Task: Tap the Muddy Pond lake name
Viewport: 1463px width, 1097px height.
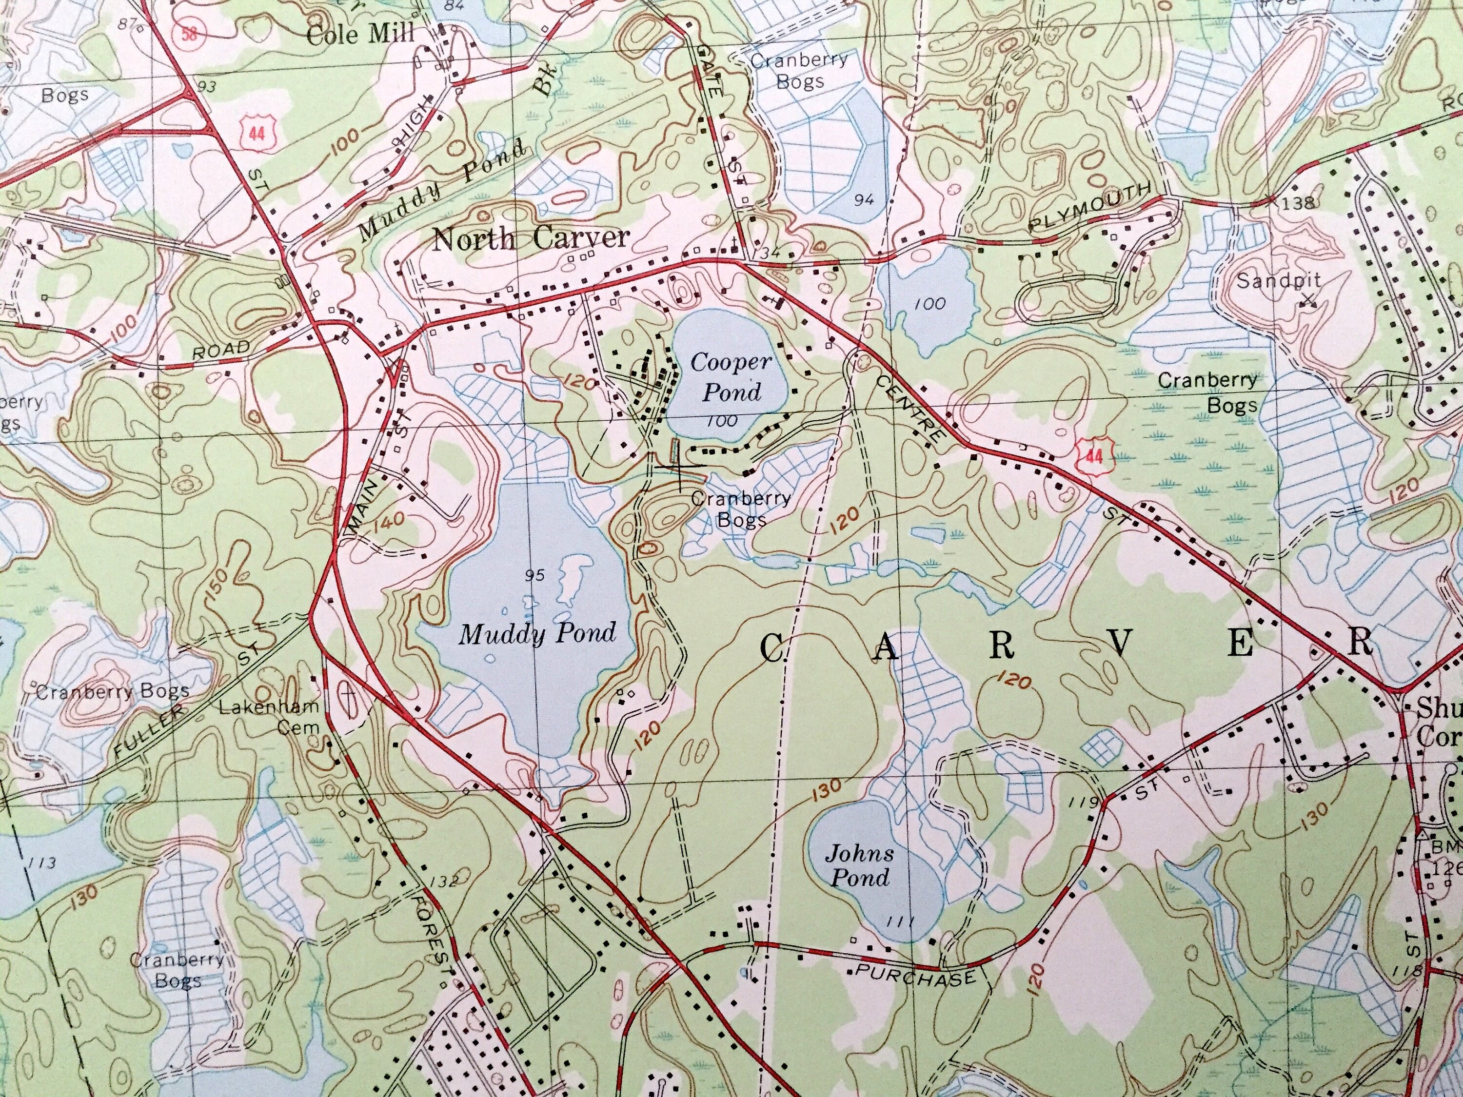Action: point(537,633)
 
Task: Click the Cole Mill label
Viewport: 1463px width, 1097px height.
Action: point(360,33)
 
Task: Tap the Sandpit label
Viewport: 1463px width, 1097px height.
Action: point(1278,280)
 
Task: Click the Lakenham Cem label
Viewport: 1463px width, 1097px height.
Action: point(270,716)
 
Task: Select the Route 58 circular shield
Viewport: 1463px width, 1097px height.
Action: point(190,35)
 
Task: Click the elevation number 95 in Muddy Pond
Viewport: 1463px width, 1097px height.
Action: point(534,576)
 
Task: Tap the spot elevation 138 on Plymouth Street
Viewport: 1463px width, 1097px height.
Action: point(1297,203)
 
